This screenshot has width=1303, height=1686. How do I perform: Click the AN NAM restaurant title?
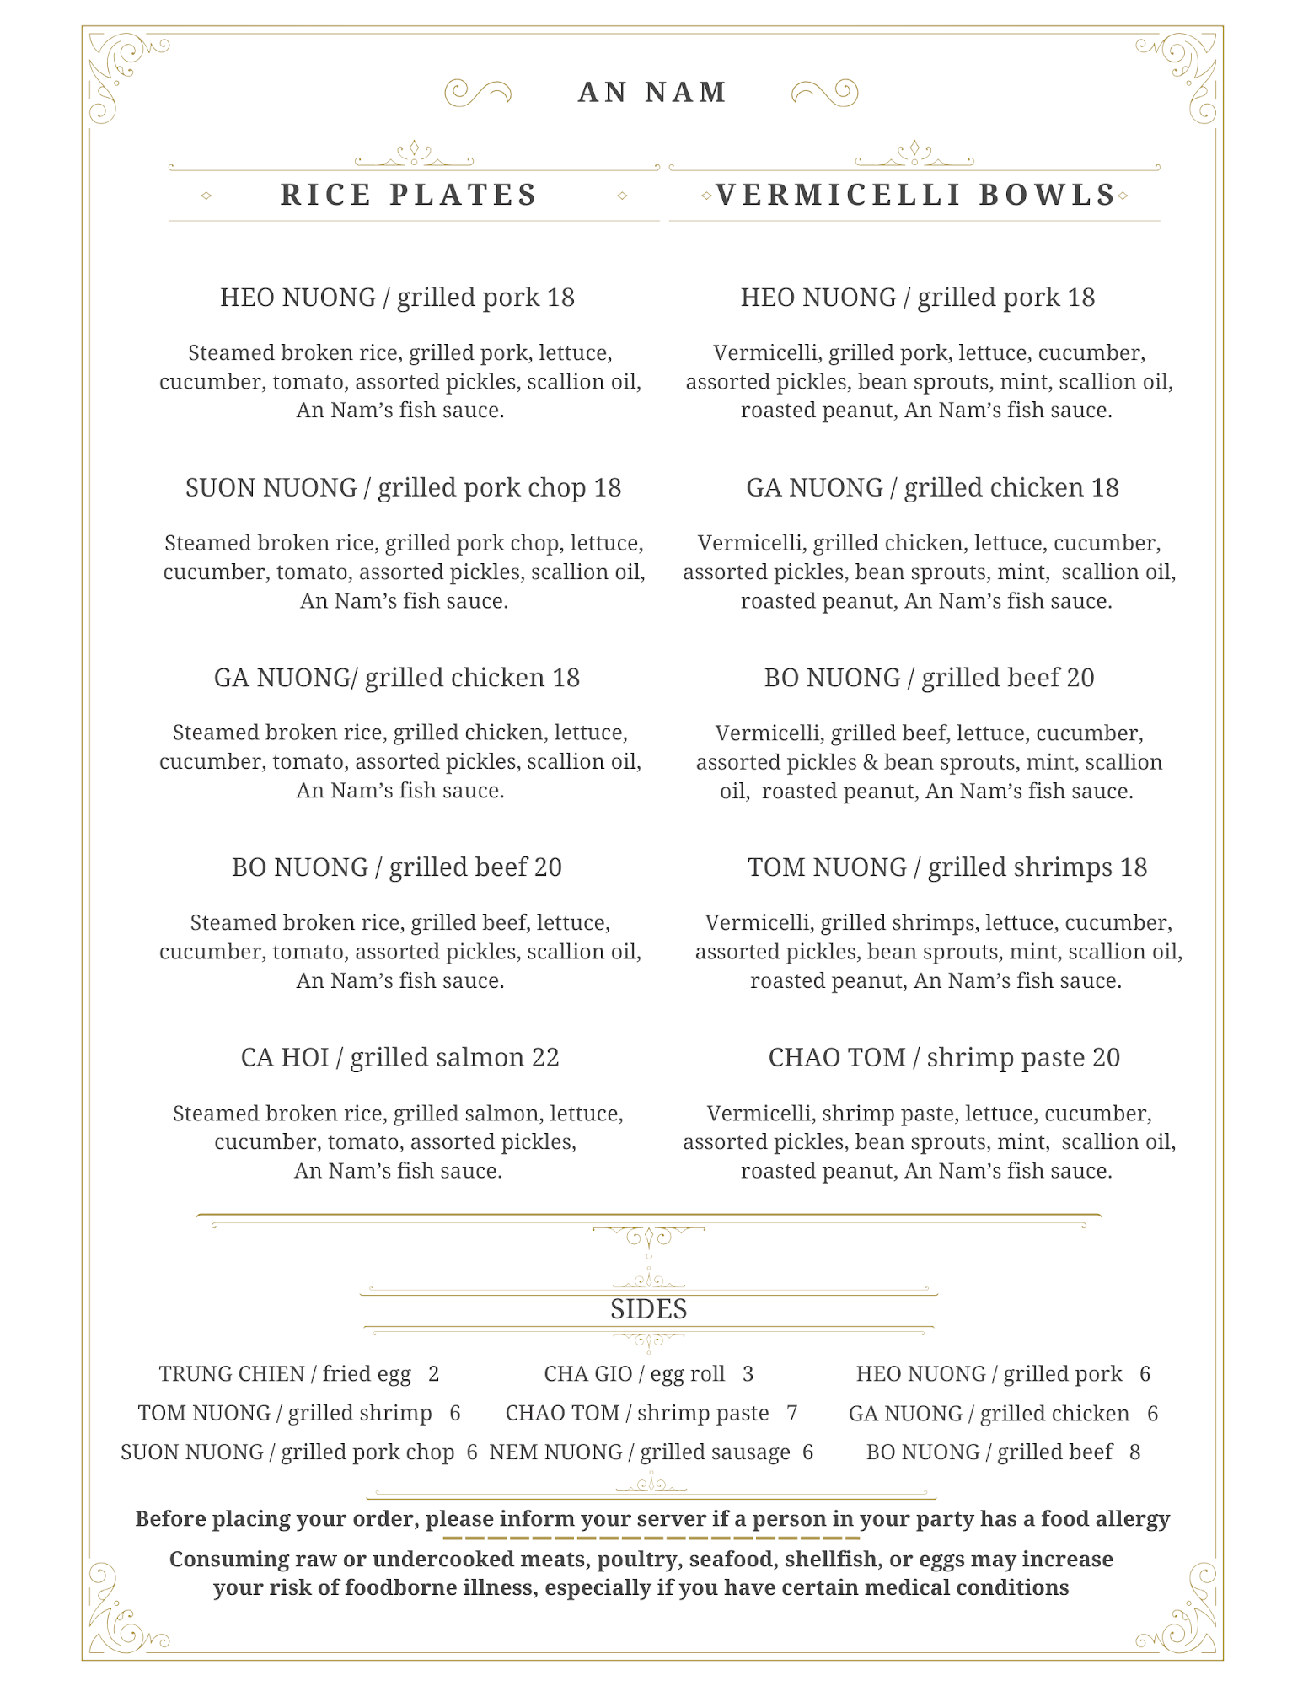[x=652, y=92]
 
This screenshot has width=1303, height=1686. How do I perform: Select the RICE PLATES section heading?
[x=409, y=195]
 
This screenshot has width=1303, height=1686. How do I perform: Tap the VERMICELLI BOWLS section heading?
[x=915, y=195]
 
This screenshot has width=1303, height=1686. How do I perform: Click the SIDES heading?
[x=648, y=1309]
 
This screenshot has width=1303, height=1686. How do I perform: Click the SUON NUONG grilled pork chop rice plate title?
[x=403, y=487]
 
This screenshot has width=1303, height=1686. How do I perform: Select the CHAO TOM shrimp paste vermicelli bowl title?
[x=943, y=1057]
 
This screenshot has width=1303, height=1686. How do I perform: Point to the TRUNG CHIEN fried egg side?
[x=285, y=1373]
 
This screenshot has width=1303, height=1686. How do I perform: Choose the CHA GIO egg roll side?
[x=634, y=1373]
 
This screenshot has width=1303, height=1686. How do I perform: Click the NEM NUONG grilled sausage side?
[x=640, y=1452]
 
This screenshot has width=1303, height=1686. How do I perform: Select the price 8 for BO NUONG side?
[x=1134, y=1452]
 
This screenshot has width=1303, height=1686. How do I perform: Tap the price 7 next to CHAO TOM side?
[x=792, y=1413]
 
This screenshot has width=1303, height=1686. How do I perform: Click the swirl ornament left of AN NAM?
[x=477, y=92]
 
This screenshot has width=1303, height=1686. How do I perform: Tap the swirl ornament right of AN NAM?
[x=825, y=92]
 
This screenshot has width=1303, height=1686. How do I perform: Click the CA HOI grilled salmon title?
[x=399, y=1057]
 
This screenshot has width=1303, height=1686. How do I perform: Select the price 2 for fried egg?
[x=433, y=1373]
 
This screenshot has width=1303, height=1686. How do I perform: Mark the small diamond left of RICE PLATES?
[x=206, y=196]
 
